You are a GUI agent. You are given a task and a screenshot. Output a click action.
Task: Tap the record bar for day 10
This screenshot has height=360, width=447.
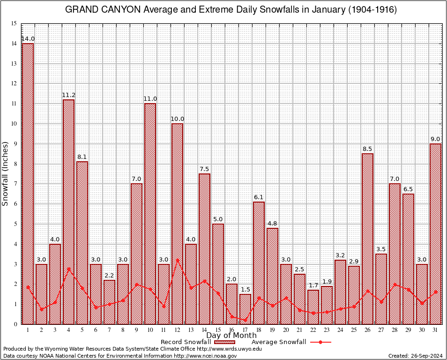coord(150,214)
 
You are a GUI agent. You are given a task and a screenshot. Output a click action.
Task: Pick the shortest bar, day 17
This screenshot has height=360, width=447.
coord(245,309)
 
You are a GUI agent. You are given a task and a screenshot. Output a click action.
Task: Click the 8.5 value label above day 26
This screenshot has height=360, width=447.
coord(367,149)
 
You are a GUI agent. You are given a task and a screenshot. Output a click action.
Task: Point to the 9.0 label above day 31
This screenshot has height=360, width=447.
coord(435,139)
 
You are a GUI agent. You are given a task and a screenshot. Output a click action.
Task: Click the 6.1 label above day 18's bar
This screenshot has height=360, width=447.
coord(259,197)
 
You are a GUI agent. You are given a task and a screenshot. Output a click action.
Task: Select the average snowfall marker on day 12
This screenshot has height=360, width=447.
coord(177,260)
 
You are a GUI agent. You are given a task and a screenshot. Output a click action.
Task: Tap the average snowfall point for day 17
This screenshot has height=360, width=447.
coord(245,320)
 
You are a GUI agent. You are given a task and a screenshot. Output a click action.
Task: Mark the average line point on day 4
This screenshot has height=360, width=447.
coord(68,269)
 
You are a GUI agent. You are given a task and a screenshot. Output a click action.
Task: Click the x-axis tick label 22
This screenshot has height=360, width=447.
coord(313,330)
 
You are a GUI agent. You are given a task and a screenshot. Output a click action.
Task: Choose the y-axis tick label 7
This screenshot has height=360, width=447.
coord(15,184)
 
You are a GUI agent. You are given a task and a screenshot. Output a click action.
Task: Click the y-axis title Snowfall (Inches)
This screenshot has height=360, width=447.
coord(5,173)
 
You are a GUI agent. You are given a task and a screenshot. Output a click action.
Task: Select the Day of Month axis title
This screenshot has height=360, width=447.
coord(231,335)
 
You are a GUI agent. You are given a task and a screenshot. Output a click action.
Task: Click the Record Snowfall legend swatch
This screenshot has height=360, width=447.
coord(225,342)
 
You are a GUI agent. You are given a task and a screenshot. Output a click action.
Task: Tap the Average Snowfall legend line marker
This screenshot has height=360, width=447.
coord(320,342)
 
